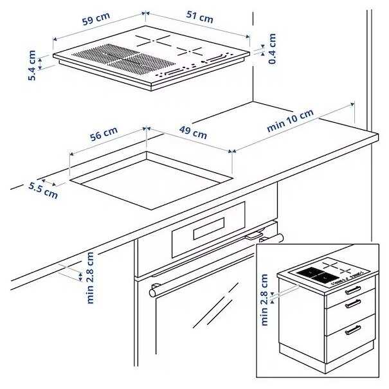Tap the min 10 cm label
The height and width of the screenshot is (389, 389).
pos(291,121)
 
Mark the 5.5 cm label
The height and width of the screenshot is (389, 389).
pos(42,190)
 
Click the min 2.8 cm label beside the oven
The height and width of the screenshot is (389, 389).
pos(91,277)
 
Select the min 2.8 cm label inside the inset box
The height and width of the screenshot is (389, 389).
pos(265,300)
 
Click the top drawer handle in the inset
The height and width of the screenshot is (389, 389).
pos(353,290)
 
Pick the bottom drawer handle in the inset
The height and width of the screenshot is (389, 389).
pos(353,330)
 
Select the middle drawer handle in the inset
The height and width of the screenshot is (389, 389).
pos(353,303)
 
